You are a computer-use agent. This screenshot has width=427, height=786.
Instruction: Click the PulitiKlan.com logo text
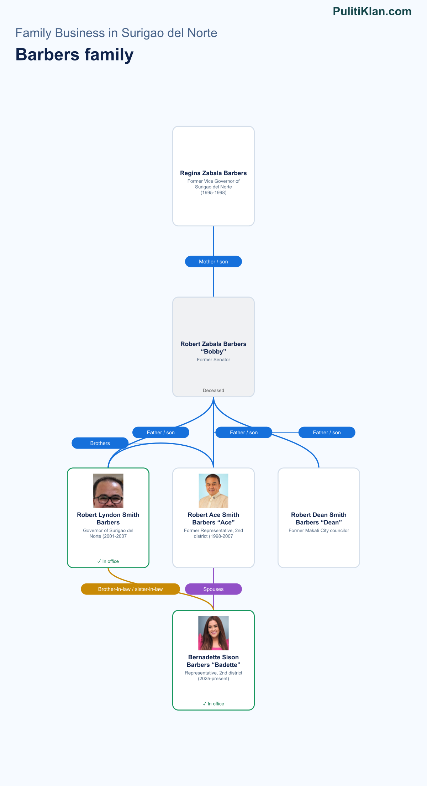372,11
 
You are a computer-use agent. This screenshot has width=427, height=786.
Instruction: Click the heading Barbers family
74,55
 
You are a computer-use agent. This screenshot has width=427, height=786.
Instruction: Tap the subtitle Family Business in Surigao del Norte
116,33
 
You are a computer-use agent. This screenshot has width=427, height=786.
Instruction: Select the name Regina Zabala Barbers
213,173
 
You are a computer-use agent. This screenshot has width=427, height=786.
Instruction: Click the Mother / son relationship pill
213,262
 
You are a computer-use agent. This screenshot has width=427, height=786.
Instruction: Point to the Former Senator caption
213,360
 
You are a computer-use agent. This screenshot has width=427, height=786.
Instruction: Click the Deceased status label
213,391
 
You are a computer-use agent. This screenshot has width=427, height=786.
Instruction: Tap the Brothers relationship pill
100,443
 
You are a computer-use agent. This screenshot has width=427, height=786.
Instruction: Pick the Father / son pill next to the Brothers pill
161,433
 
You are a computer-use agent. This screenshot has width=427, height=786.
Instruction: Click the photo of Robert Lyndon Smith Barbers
108,491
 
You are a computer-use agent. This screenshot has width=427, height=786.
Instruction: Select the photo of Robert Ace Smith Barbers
213,491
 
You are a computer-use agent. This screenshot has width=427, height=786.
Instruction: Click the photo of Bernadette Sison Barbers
213,633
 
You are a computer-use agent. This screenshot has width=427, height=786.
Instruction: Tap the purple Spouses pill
213,589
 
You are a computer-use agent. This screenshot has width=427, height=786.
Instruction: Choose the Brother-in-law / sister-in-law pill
131,589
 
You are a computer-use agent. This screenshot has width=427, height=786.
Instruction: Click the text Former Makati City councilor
319,530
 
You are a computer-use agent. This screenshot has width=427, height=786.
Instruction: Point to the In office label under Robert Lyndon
108,561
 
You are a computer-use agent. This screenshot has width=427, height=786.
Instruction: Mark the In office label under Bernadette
213,704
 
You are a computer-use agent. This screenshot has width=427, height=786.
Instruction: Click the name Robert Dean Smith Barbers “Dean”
319,519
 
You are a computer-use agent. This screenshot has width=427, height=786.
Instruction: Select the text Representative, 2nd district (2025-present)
213,676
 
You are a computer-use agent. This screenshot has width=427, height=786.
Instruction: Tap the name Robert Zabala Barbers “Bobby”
213,348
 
